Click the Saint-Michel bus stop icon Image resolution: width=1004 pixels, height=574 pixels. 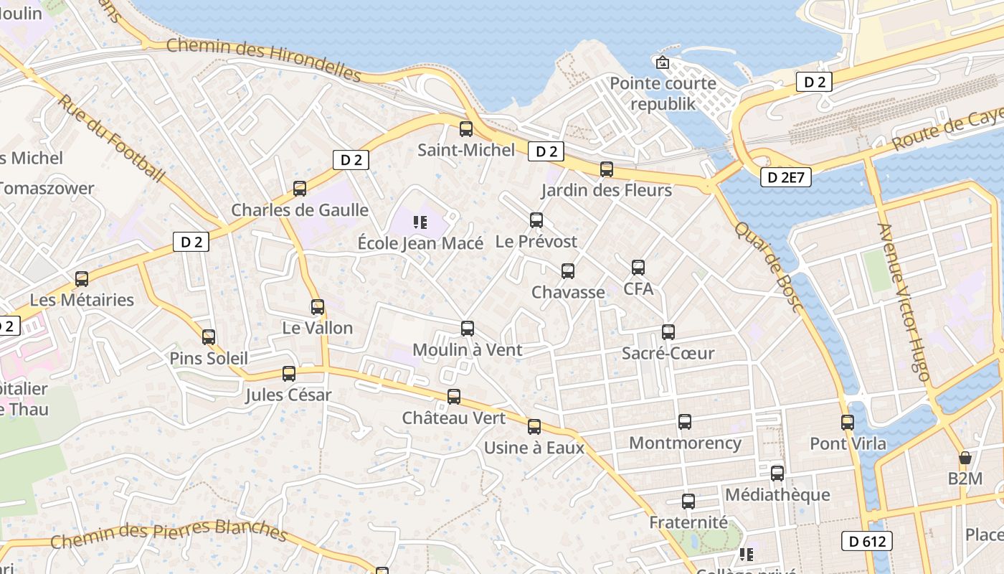click(x=466, y=129)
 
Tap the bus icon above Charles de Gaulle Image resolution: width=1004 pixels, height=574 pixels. click(x=300, y=189)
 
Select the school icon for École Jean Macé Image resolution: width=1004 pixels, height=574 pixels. click(x=420, y=222)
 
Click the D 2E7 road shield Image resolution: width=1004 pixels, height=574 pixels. click(x=785, y=177)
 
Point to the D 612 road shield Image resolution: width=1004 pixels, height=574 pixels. click(x=866, y=541)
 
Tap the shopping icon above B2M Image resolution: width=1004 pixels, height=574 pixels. click(x=965, y=457)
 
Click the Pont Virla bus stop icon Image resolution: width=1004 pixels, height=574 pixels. click(x=848, y=422)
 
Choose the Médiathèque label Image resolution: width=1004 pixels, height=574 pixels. click(x=777, y=494)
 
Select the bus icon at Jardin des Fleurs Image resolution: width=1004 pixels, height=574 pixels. click(x=607, y=169)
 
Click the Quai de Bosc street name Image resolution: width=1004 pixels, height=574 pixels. click(x=767, y=266)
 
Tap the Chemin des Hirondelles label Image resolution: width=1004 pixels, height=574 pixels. click(x=263, y=60)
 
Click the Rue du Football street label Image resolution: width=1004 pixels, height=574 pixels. click(x=110, y=136)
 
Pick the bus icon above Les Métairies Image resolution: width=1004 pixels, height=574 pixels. click(x=82, y=278)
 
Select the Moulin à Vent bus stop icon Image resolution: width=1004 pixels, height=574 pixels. click(x=468, y=329)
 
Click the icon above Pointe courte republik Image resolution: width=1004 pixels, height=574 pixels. click(x=662, y=62)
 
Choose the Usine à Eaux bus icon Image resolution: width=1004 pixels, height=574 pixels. click(x=534, y=427)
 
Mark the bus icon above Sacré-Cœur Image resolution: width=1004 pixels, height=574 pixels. click(x=668, y=332)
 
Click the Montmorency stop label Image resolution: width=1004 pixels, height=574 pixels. click(x=685, y=443)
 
